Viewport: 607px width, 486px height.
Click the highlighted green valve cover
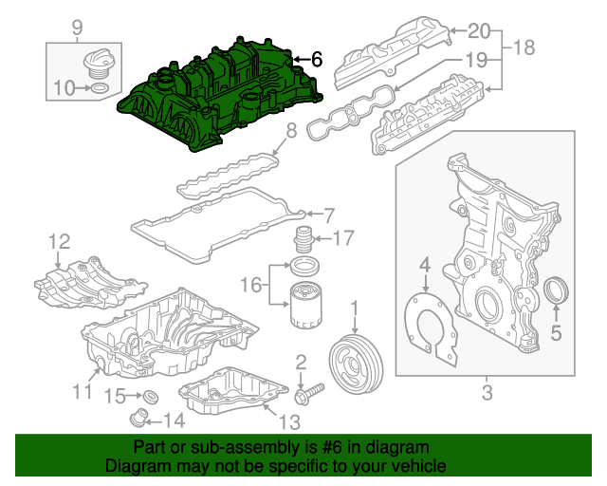218,95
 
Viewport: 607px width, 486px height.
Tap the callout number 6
316,60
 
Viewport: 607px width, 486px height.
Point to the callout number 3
487,392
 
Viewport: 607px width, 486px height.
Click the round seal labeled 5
558,291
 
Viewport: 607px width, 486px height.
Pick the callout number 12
59,240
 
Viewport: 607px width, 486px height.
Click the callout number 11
82,390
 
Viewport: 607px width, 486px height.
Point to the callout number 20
480,28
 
